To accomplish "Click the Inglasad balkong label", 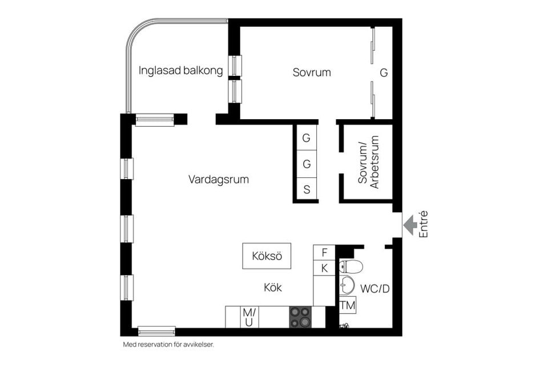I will click(180, 71).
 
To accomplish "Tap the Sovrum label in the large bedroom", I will click(312, 72).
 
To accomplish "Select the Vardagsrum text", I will click(219, 179).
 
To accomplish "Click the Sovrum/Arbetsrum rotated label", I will click(368, 164).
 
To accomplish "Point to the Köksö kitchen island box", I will click(267, 256).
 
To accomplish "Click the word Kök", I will click(272, 287).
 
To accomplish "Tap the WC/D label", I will click(375, 289).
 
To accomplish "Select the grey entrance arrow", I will click(409, 225).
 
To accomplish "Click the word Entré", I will click(423, 224).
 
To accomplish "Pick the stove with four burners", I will click(300, 317).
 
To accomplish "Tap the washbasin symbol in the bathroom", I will click(347, 284).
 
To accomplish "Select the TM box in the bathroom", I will click(348, 305).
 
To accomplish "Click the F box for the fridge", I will click(324, 252).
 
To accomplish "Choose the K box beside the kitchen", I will click(324, 268).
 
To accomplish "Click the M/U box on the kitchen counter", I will click(248, 317).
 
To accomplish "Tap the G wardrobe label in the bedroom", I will click(384, 73).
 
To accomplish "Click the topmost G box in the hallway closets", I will click(307, 137).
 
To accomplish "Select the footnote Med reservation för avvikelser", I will click(168, 344).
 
